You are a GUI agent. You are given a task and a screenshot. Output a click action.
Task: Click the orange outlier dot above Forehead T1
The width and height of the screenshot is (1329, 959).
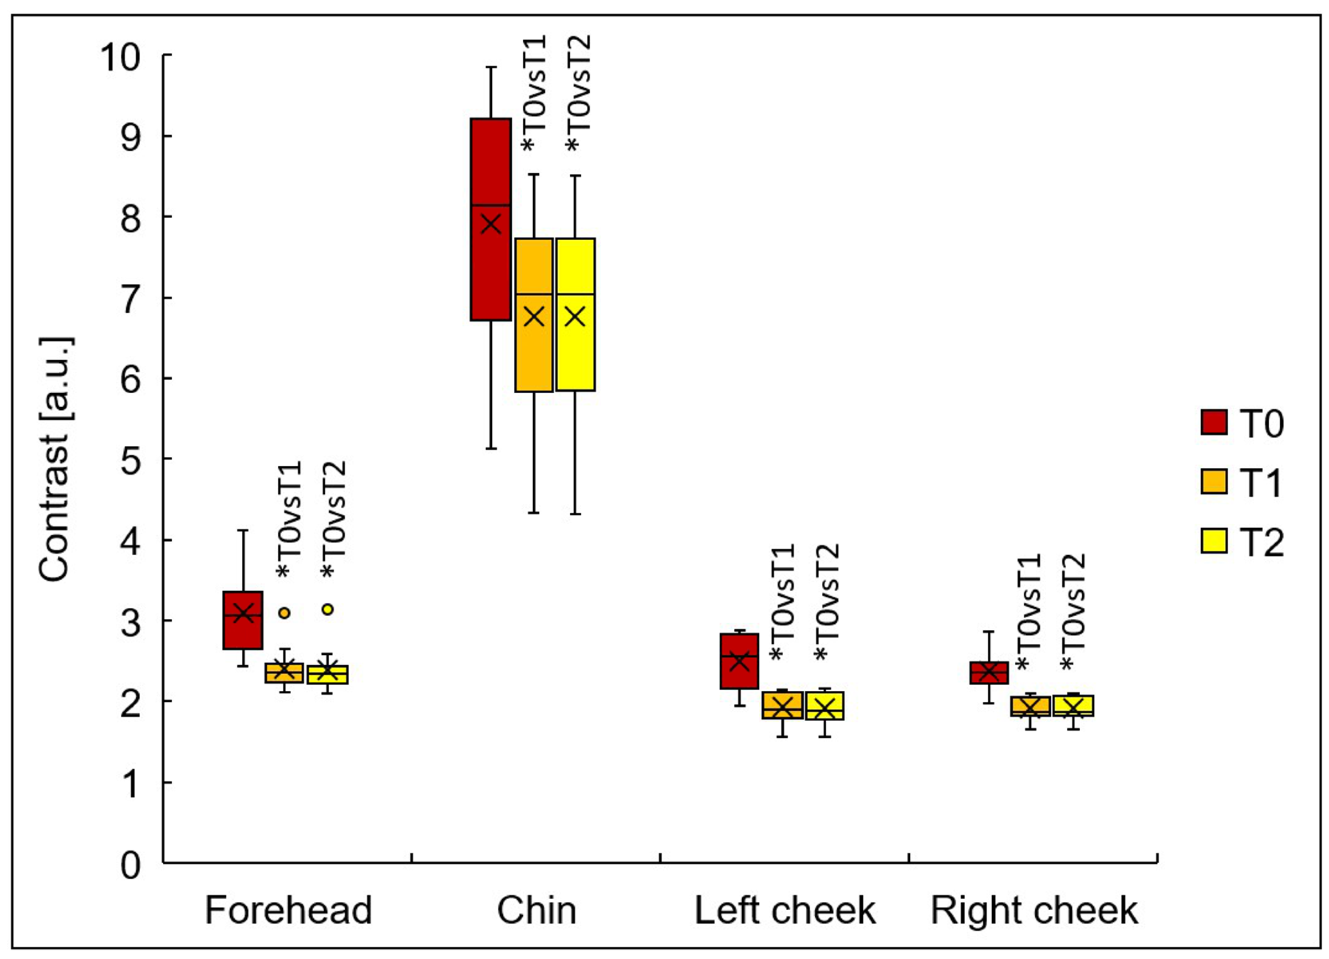(x=284, y=613)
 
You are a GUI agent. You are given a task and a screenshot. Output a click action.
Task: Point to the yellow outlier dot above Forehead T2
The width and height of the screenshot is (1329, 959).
(x=328, y=609)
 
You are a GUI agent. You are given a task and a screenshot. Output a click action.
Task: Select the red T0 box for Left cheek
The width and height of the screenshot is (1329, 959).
(x=739, y=674)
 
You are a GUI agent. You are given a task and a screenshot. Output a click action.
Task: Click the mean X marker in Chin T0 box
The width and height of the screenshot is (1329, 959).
(x=490, y=224)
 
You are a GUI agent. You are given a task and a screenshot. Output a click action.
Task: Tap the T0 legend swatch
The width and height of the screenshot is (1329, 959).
(x=1214, y=422)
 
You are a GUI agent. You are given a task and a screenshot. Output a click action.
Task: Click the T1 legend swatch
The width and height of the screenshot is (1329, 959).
(x=1214, y=481)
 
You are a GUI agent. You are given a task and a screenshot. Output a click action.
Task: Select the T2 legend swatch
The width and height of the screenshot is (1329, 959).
(x=1214, y=541)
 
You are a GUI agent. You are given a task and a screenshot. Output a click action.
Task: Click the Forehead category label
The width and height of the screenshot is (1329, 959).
(x=288, y=911)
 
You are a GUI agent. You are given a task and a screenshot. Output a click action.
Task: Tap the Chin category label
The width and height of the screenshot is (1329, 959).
(x=537, y=911)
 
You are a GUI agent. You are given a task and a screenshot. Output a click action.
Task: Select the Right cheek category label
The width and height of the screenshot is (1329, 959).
(x=1034, y=911)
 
